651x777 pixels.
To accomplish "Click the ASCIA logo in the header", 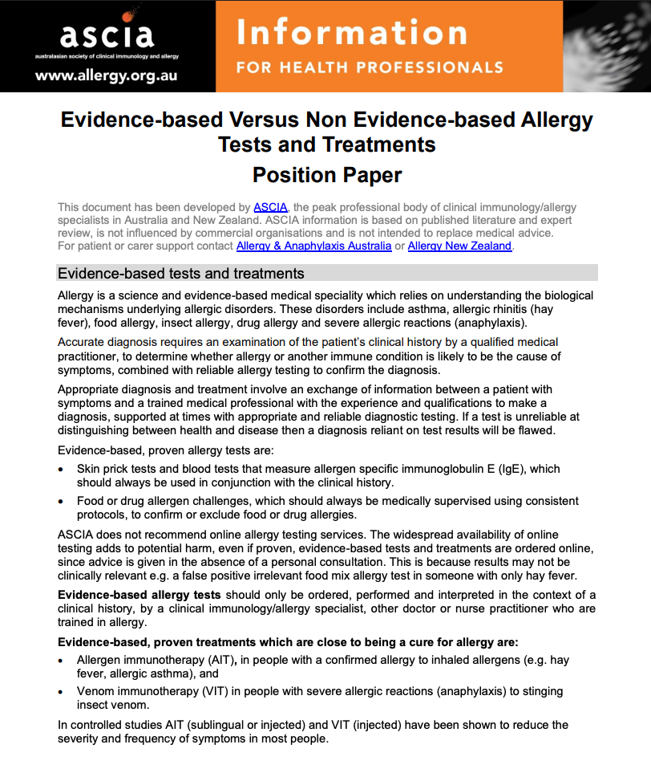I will click(x=106, y=34).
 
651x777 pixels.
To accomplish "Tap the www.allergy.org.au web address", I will click(x=106, y=77).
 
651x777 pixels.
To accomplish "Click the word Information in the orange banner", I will click(x=351, y=32).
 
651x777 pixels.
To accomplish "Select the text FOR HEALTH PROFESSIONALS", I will click(x=370, y=67).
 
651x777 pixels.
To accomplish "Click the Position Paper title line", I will click(x=326, y=174).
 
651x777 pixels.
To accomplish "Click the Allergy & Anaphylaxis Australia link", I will click(x=313, y=246).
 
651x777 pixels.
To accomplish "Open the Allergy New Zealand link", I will click(x=459, y=246).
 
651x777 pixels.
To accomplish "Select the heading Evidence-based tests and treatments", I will click(x=181, y=274).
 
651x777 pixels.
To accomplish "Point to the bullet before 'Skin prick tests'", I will click(x=62, y=469).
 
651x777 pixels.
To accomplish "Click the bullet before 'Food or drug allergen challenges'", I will click(x=62, y=502).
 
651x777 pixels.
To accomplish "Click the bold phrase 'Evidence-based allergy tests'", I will click(x=139, y=595).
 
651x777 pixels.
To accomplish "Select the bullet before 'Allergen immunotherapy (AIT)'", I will click(x=62, y=660).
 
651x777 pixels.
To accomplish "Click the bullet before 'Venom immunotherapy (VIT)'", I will click(x=62, y=692).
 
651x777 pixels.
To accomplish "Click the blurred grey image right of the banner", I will click(x=606, y=45).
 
